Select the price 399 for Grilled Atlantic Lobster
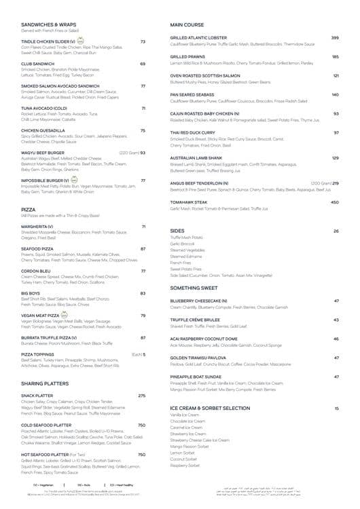[335, 37]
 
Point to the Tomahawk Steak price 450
[334, 202]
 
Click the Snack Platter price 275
[141, 395]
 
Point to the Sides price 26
[336, 231]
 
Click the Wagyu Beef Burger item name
[43, 153]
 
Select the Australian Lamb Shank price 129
[335, 158]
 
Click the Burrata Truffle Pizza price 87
[143, 337]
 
